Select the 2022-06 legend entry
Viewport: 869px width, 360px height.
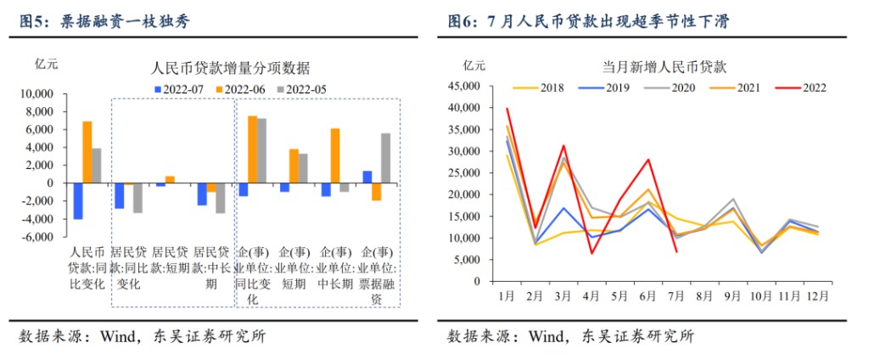pyautogui.click(x=250, y=88)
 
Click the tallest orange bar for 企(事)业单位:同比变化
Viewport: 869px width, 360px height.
pyautogui.click(x=252, y=149)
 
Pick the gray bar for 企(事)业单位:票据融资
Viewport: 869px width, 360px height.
pyautogui.click(x=386, y=158)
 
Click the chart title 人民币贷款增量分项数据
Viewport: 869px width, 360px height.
pyautogui.click(x=229, y=68)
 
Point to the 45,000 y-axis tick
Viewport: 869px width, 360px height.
pyautogui.click(x=469, y=86)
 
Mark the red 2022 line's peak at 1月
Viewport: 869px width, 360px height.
pyautogui.click(x=507, y=109)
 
